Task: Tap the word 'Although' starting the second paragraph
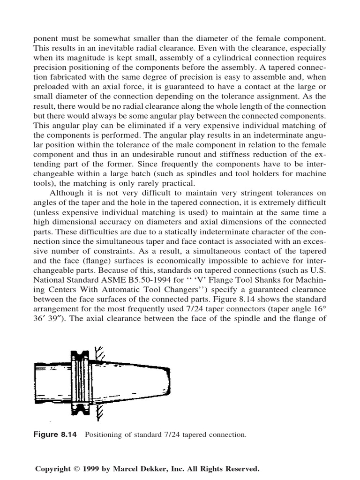(66, 193)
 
